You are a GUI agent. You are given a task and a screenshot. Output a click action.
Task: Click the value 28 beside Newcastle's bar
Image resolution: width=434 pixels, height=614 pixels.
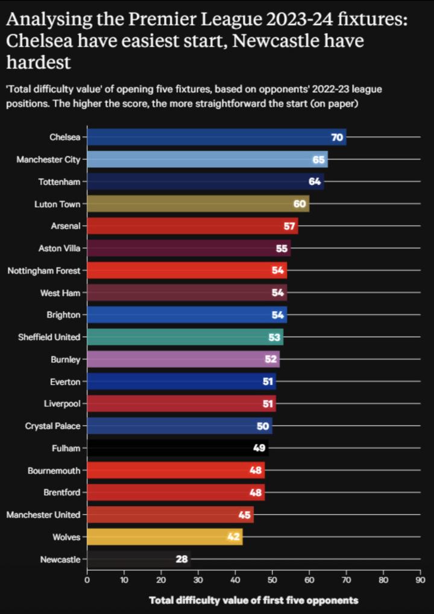click(181, 559)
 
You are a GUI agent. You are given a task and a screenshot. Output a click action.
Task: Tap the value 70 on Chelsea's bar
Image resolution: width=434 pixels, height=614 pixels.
click(337, 138)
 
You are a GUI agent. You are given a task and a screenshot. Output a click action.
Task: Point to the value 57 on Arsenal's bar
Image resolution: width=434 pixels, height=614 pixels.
click(289, 226)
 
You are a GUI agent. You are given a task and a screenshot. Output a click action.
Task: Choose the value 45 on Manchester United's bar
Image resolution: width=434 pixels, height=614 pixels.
click(245, 515)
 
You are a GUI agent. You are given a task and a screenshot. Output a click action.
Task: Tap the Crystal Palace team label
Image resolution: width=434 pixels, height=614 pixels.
click(52, 426)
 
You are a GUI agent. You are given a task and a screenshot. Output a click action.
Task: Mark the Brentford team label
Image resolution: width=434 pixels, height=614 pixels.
click(61, 492)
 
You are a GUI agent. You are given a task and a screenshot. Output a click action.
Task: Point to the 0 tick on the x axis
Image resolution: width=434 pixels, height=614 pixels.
click(87, 581)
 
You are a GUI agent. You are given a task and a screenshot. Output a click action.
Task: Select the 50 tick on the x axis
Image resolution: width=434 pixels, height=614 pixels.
click(272, 581)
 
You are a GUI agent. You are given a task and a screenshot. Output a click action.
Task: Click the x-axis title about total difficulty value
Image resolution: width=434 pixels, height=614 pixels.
click(253, 600)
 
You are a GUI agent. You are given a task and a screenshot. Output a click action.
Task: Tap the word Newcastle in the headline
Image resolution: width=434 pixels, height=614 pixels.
click(278, 42)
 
